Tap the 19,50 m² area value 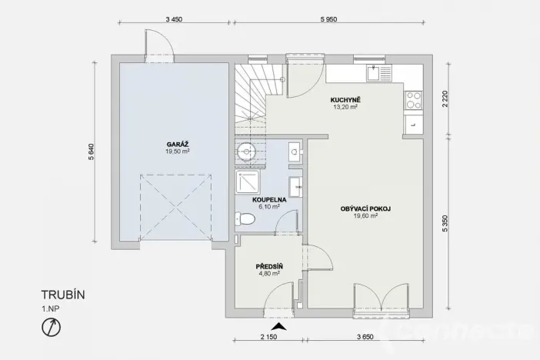(x=176, y=152)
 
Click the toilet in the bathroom (x=246, y=220)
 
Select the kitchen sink (x=379, y=75)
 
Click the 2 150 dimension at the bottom (x=268, y=337)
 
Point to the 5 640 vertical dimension (x=91, y=152)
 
